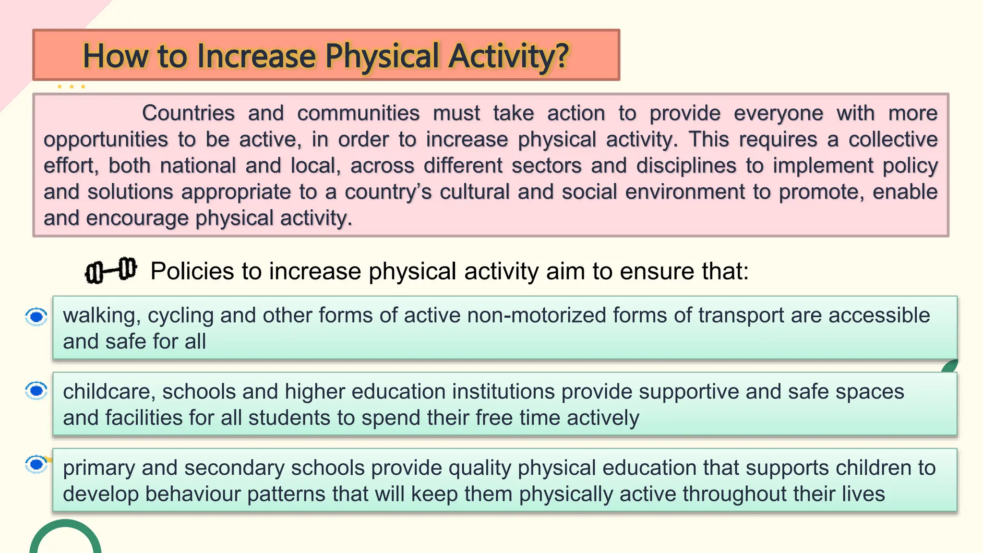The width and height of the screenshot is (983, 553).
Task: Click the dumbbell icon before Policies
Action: point(111,270)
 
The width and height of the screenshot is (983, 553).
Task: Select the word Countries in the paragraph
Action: point(188,113)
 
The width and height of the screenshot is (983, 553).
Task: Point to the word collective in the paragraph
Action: point(893,140)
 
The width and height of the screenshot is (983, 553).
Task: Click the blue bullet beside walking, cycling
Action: point(36,317)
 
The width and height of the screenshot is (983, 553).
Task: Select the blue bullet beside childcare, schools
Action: point(36,391)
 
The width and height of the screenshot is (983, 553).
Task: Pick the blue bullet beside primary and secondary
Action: point(36,464)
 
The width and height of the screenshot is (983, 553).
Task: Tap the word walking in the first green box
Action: point(102,316)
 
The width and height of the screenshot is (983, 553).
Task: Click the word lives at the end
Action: point(863,494)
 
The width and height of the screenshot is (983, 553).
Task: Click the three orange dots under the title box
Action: point(71,87)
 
